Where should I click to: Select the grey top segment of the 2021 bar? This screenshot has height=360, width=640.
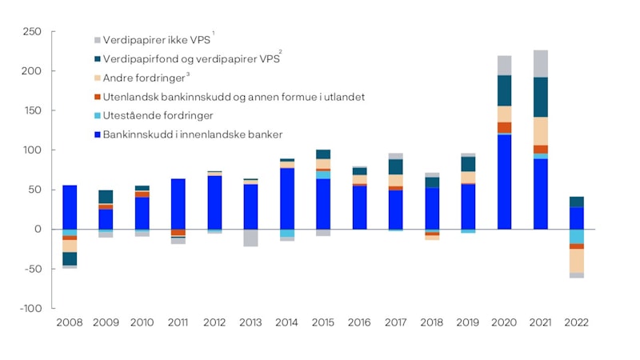(540, 63)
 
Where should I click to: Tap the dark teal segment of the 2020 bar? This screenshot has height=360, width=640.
(504, 90)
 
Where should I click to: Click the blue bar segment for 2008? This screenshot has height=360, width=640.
(70, 207)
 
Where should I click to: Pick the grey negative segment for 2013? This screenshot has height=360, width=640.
(250, 238)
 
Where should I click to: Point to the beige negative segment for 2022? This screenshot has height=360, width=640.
(576, 261)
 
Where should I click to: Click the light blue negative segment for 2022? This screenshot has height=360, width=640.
(576, 236)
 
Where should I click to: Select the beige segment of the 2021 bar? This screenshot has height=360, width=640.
(540, 131)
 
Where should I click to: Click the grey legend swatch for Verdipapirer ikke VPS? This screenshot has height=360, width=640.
(97, 39)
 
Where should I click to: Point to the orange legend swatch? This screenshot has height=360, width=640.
(97, 97)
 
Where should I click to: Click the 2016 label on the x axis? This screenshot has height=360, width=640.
(359, 323)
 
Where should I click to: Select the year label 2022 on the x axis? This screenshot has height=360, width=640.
(576, 323)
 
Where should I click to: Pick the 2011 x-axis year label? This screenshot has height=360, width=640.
(178, 323)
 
